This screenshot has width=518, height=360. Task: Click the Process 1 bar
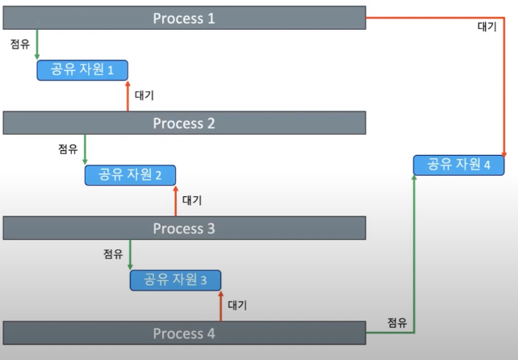click(x=185, y=18)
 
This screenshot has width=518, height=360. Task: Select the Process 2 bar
click(x=185, y=123)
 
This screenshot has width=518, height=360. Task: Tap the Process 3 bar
click(x=185, y=228)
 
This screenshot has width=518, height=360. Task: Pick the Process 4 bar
click(x=185, y=333)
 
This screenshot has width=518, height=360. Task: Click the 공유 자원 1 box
click(x=82, y=69)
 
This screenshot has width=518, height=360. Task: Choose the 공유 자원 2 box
click(x=131, y=174)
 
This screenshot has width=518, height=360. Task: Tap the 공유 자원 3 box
click(x=175, y=280)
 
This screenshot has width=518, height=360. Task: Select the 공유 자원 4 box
click(x=458, y=165)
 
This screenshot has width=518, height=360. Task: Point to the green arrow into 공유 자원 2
click(x=85, y=149)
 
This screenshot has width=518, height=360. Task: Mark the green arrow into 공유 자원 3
click(x=130, y=253)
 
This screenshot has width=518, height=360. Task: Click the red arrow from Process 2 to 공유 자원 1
click(x=127, y=96)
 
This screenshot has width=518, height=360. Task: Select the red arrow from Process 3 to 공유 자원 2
click(x=175, y=201)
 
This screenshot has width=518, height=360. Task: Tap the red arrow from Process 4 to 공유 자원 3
click(x=220, y=306)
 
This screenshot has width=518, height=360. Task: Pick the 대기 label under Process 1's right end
click(x=487, y=27)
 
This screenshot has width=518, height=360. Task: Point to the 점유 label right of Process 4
click(x=397, y=322)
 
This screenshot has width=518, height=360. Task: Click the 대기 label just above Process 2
click(x=144, y=95)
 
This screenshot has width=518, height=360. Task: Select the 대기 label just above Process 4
click(x=237, y=305)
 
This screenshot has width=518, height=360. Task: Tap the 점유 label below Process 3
click(x=113, y=253)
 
